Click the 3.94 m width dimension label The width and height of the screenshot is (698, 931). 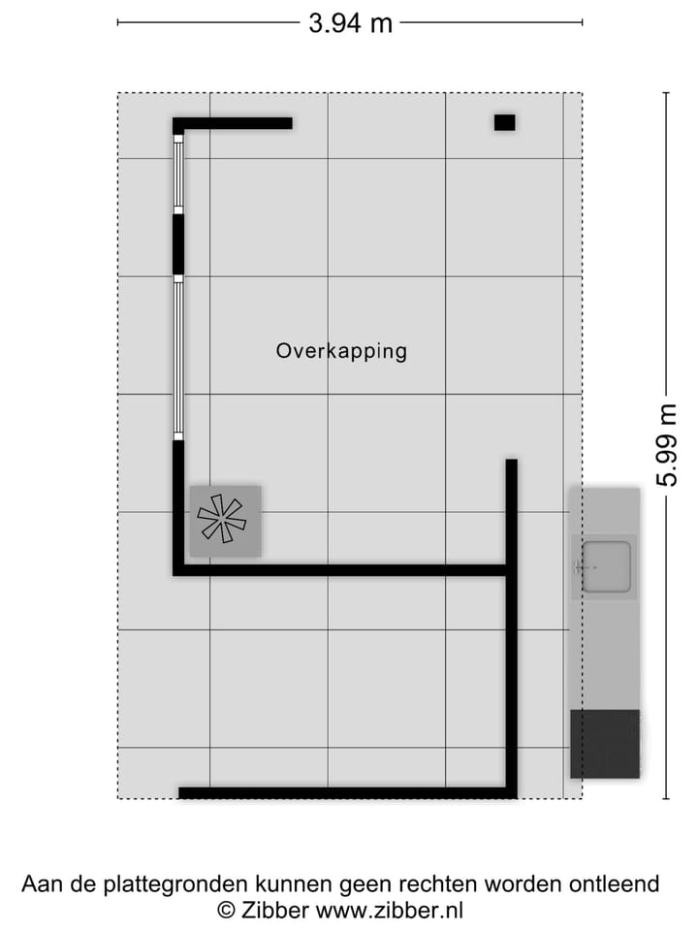[350, 22]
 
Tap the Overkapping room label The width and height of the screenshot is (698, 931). [341, 351]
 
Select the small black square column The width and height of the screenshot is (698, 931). [504, 122]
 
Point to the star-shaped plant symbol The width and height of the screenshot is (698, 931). [222, 519]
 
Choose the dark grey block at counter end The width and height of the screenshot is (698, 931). [604, 744]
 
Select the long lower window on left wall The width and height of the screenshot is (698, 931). [178, 356]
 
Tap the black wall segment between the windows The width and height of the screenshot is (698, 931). [178, 243]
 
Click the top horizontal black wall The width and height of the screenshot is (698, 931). [233, 123]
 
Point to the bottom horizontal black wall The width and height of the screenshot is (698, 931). [344, 792]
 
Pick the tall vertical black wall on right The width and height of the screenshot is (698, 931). [511, 626]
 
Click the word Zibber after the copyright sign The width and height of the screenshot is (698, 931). [275, 910]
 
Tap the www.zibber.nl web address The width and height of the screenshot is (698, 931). [389, 910]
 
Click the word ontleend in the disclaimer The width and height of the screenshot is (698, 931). [614, 884]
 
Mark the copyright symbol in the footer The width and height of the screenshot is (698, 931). [226, 910]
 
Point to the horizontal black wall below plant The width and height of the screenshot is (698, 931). [339, 570]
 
